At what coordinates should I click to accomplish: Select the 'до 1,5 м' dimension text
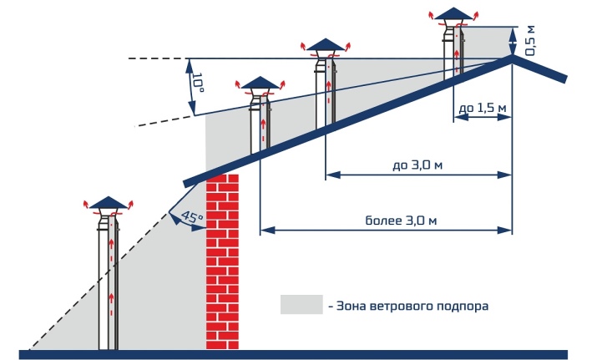coord(483,109)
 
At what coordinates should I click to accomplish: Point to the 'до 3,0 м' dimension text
coord(417,165)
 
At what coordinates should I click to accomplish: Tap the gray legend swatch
coord(301,304)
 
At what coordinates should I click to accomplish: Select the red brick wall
coord(222,267)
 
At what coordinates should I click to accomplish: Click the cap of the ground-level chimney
coord(109,202)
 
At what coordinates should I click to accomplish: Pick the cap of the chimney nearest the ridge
coord(451,14)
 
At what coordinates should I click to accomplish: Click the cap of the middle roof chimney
coord(324,43)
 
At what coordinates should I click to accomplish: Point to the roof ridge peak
coord(512,58)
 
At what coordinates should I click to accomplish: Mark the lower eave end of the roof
coord(186,181)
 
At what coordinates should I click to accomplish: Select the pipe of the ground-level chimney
coord(109,284)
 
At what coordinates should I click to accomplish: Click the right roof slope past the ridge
coord(543,70)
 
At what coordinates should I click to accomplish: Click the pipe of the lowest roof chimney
coord(259,125)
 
